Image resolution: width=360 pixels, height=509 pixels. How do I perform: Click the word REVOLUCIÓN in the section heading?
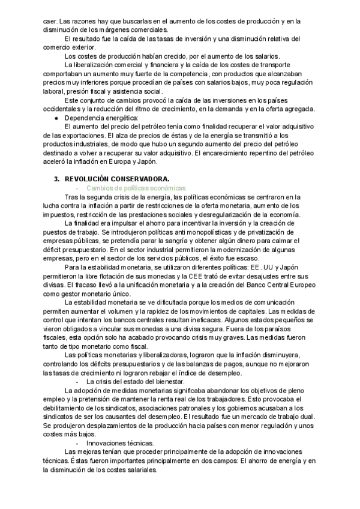tap(88, 179)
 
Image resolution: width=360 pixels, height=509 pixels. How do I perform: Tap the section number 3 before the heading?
tap(56, 179)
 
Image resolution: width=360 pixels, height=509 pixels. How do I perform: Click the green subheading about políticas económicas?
tap(137, 187)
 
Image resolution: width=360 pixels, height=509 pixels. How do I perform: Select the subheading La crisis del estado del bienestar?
tap(135, 382)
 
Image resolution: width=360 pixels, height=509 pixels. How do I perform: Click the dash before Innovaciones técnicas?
tap(78, 443)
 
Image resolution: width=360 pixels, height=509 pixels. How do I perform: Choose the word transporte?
tap(281, 65)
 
